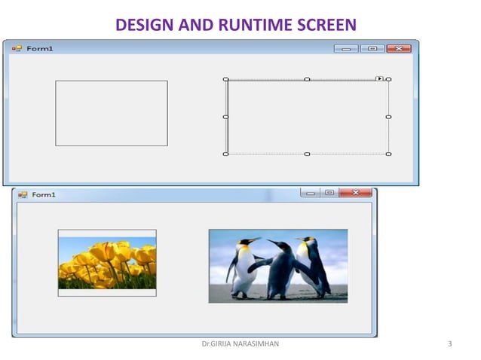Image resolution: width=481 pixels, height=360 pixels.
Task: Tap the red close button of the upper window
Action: (398, 48)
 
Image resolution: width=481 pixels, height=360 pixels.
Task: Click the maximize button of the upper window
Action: (372, 48)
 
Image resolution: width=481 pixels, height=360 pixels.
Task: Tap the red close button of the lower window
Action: (355, 193)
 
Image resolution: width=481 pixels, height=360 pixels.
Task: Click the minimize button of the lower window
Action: (309, 193)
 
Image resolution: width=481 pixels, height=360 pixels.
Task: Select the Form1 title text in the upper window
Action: (40, 48)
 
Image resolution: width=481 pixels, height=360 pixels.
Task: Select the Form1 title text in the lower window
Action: (44, 195)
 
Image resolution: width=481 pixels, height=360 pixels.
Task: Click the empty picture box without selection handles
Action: (111, 113)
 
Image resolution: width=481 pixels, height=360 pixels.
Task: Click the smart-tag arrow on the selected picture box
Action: (379, 78)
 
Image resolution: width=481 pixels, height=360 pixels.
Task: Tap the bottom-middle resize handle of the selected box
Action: (307, 154)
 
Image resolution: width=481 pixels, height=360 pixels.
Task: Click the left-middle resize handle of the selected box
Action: (225, 117)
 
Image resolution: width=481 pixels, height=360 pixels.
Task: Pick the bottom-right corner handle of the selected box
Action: (388, 154)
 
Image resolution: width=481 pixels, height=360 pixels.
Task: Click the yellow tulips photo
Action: (107, 264)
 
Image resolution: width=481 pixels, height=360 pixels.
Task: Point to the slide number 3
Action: (449, 345)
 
